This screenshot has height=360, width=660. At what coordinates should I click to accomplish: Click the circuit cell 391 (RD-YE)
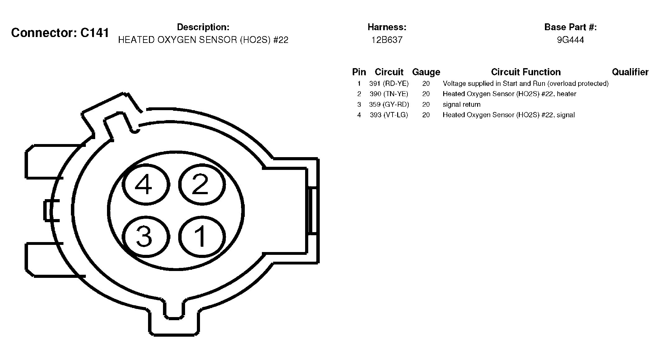coord(389,83)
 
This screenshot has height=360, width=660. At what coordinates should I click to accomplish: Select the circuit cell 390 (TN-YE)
coord(389,94)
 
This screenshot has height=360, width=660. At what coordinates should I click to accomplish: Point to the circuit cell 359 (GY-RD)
coord(389,105)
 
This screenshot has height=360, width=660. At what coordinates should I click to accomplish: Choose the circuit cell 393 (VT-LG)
coord(389,115)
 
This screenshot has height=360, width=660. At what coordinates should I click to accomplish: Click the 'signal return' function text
coord(462,105)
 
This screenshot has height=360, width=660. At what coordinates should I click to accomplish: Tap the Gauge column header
coord(426,72)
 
